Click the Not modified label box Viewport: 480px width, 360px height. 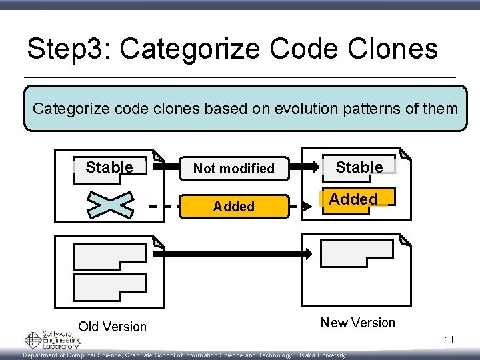coord(233,169)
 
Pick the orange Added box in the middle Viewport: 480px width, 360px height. coord(233,207)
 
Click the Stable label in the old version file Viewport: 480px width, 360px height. coord(109,167)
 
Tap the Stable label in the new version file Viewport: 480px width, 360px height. coord(359,167)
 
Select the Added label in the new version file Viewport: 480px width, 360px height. coord(353,199)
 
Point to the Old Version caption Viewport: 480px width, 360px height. coord(112,327)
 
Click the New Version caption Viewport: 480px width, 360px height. coord(357,323)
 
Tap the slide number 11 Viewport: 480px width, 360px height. coord(449,340)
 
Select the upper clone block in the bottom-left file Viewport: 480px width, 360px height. coord(109,257)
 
